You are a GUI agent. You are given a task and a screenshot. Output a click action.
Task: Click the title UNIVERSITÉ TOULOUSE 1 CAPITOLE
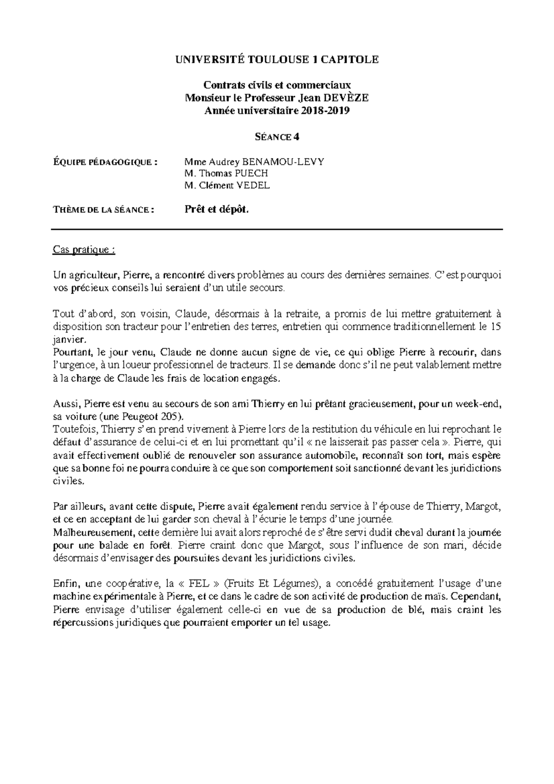pos(277,60)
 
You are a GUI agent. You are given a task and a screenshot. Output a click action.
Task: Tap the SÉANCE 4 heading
pos(277,137)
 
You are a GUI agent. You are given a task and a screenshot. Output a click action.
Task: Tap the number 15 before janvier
pos(496,326)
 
